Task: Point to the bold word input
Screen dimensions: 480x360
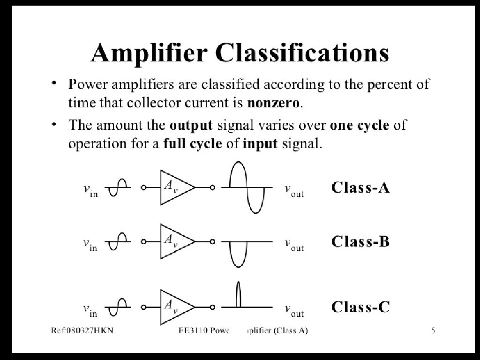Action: [x=260, y=143]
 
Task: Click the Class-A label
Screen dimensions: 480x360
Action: [x=360, y=187]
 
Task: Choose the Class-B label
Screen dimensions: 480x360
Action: [x=360, y=241]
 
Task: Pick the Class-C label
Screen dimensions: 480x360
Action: [x=360, y=307]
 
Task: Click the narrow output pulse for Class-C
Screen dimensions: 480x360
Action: [x=238, y=294]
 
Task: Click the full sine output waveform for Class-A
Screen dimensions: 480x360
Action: [x=246, y=187]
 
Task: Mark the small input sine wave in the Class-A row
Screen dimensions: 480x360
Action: [x=117, y=187]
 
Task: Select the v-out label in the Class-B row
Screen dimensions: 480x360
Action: [x=294, y=244]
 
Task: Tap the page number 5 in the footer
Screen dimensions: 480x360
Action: [x=433, y=331]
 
